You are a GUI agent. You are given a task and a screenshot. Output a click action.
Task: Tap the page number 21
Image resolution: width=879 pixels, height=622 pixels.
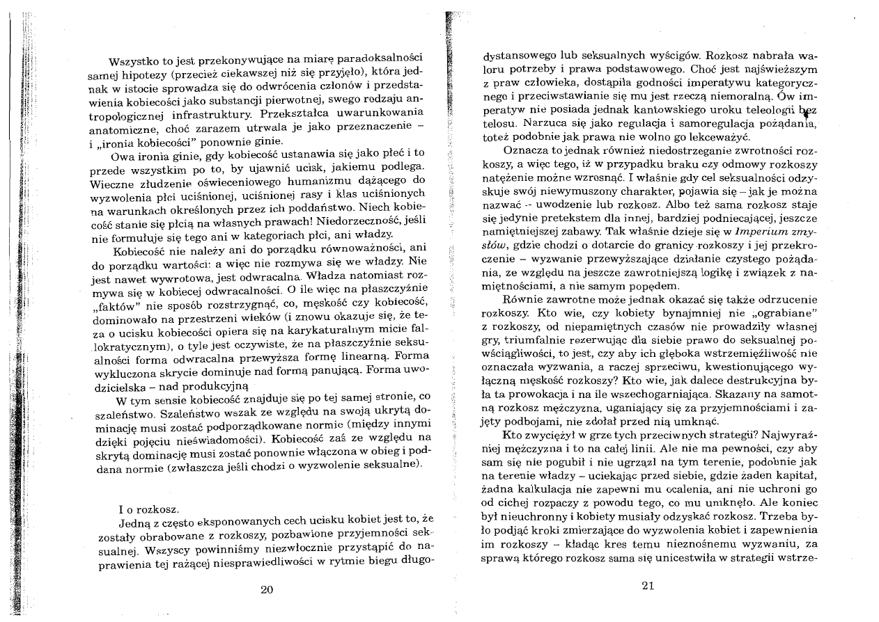point(647,585)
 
